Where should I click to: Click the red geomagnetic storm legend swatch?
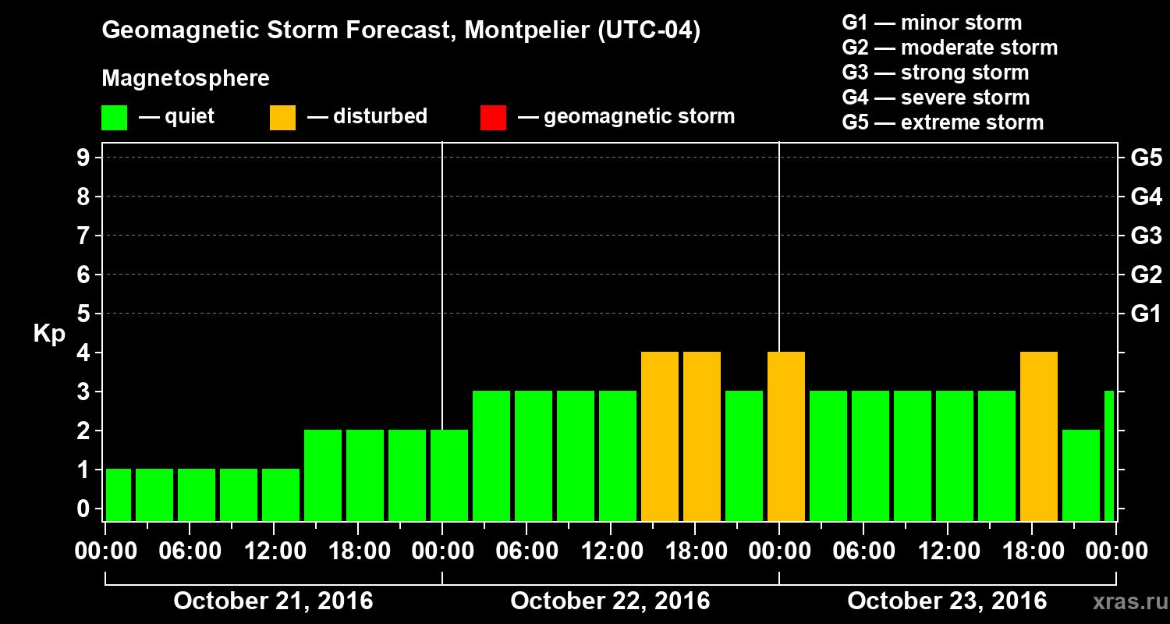tap(493, 117)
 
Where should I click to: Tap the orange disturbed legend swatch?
tap(282, 117)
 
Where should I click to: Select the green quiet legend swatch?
tap(114, 117)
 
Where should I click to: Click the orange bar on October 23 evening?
tap(1038, 436)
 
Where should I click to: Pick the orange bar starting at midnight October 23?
tap(785, 436)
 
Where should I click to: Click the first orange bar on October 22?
tap(659, 436)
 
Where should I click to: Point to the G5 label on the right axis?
tap(1146, 158)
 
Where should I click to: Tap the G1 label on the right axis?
tap(1146, 314)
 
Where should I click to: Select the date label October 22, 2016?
tap(610, 601)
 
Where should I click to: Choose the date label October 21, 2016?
tap(273, 601)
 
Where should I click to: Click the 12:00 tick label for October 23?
tap(947, 551)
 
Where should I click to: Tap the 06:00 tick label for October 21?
tap(190, 551)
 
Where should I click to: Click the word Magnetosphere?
tap(186, 79)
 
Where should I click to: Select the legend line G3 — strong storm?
tap(935, 73)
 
